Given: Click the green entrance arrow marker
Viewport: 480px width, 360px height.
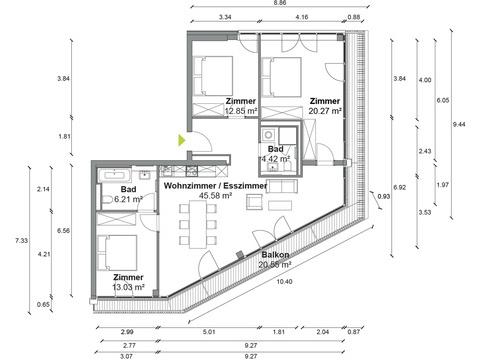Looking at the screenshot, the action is [181, 140].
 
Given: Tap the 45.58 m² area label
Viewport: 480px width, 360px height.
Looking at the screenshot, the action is [215, 196].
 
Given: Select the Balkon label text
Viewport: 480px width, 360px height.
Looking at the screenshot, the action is [275, 255].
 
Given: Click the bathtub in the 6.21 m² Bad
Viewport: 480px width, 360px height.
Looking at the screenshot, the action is [114, 175].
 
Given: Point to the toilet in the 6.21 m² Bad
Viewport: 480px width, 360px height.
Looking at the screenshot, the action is [107, 200].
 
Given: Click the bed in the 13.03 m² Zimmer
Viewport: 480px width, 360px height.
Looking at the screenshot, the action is [117, 252].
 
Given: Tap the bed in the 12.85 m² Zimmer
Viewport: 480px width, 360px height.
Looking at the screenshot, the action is [213, 76].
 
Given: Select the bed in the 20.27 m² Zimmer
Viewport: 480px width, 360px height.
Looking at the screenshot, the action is [282, 77].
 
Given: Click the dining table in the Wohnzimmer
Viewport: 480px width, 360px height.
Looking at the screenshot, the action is [198, 224].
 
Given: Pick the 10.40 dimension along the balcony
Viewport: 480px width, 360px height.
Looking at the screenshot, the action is [284, 282].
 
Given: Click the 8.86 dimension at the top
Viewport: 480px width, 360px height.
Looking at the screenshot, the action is [279, 3].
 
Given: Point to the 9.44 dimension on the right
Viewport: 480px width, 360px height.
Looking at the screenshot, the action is [459, 124].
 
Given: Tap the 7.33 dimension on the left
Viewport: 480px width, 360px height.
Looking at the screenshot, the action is [21, 240].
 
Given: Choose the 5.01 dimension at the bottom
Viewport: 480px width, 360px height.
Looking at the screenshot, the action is [209, 332].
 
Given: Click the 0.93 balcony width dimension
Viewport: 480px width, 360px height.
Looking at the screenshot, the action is [384, 196].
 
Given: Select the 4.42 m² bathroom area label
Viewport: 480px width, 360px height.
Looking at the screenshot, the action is [275, 159].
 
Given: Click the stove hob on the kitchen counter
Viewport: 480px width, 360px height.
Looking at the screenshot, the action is [192, 171].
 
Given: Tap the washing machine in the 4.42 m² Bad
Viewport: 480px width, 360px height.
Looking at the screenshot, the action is [268, 135].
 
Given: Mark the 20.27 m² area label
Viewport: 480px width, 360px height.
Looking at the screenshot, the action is [325, 111].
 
